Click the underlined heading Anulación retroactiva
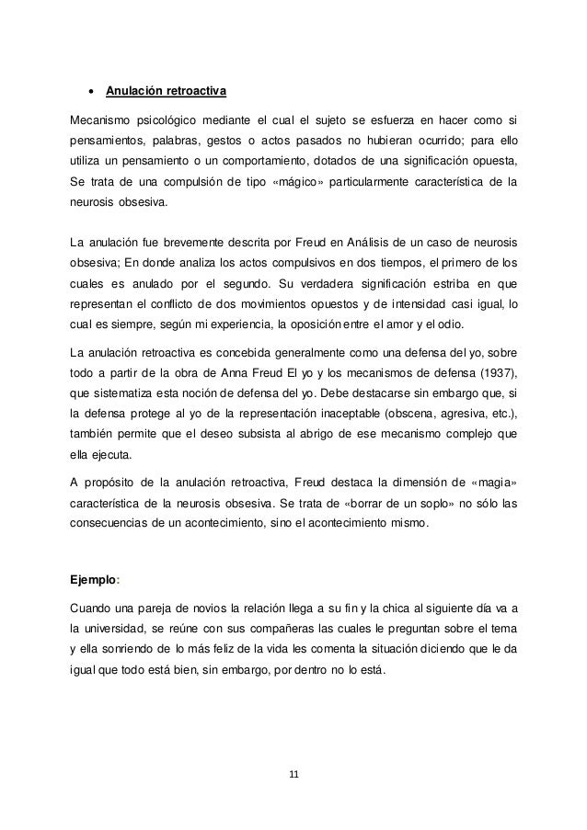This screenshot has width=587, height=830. (166, 92)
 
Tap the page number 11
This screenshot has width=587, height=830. (293, 773)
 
